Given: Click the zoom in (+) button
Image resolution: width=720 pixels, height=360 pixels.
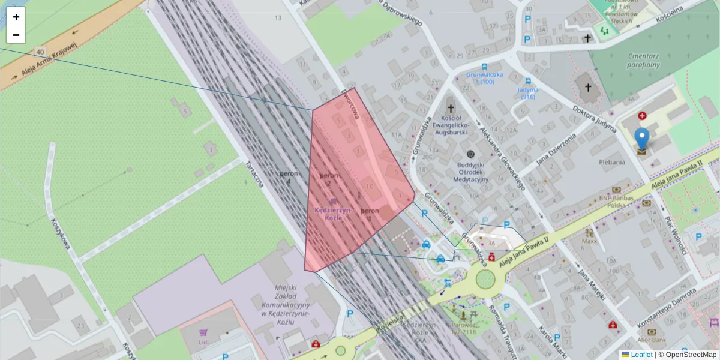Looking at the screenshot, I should (x=16, y=17).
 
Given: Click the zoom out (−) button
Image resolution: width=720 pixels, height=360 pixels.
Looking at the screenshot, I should (x=16, y=35).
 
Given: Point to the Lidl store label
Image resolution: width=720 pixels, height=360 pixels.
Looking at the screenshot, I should (x=203, y=342).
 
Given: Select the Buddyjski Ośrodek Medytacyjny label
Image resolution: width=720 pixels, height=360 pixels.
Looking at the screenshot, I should (x=470, y=171).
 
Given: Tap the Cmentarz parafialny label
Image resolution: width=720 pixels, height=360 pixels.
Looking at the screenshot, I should (x=643, y=60).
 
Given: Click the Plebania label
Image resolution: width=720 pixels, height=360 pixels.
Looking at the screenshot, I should (x=612, y=162).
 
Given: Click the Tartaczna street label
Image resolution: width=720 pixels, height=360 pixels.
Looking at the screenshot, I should (x=255, y=174).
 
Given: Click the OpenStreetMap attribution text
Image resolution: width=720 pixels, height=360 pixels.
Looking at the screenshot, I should (x=691, y=355).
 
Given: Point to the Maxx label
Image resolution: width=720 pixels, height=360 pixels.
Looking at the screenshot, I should (x=589, y=242).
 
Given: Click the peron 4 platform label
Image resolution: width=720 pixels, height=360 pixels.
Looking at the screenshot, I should (x=289, y=177).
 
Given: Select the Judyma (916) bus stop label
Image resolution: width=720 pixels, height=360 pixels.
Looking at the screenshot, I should (x=527, y=93).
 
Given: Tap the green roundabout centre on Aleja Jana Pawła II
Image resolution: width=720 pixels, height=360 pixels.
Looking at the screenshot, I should (x=485, y=279).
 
